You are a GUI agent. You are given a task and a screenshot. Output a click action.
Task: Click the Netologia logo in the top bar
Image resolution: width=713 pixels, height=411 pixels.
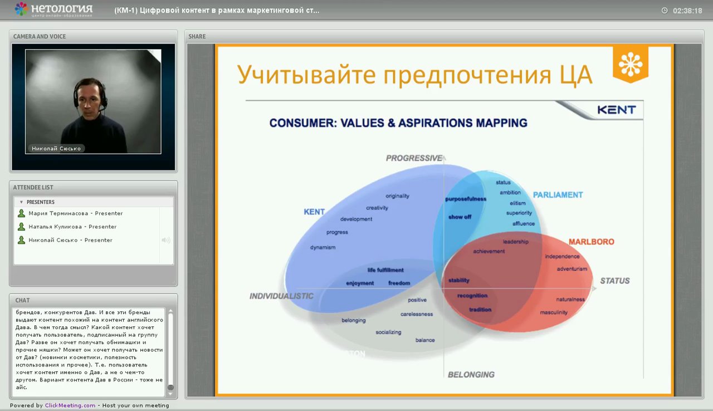(x=53, y=9)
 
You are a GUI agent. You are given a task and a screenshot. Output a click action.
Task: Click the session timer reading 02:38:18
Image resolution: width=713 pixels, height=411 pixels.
(x=687, y=11)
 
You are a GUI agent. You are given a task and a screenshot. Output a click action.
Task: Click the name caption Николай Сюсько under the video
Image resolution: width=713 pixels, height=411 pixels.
(x=56, y=148)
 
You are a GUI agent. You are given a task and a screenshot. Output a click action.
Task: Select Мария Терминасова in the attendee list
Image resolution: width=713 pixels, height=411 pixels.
(x=75, y=213)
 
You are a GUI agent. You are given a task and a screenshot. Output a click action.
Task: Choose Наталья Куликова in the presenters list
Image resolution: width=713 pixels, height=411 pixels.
(x=72, y=227)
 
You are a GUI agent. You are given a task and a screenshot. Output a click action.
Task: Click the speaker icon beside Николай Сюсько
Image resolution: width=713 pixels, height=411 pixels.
(x=165, y=240)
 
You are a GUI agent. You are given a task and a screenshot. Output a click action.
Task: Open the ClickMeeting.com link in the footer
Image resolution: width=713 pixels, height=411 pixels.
(x=70, y=405)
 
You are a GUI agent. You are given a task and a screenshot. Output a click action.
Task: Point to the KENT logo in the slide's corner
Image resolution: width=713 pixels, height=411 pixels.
(x=616, y=110)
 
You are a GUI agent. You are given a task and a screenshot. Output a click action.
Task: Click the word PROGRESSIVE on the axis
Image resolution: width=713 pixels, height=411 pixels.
(x=414, y=158)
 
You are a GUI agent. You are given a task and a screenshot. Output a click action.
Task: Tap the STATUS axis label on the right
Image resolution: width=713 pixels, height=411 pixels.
(x=614, y=281)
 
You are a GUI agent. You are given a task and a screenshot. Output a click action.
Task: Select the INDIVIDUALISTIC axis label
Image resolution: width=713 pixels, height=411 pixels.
(x=281, y=296)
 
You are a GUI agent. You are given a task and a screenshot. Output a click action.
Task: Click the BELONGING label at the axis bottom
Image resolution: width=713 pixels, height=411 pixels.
(x=471, y=375)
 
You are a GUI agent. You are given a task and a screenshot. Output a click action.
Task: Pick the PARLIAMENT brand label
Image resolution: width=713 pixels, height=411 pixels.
(x=558, y=195)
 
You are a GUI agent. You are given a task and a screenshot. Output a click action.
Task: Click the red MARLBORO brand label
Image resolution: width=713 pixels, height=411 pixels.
(x=591, y=242)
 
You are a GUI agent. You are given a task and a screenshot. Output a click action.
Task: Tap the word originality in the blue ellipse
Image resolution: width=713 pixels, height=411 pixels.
(x=397, y=196)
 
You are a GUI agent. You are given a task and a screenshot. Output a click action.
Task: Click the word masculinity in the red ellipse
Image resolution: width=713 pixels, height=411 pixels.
(x=553, y=312)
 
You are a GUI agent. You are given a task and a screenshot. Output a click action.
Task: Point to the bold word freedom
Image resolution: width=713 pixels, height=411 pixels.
(x=399, y=283)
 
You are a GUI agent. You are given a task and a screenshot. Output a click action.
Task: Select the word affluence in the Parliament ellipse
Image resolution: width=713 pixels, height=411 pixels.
(x=523, y=224)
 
